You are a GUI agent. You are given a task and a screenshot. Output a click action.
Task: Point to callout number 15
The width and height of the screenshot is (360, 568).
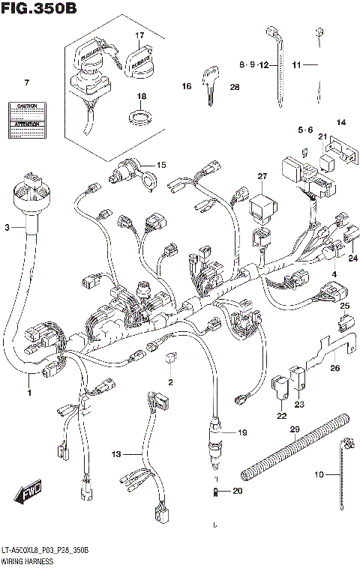pos(161,165)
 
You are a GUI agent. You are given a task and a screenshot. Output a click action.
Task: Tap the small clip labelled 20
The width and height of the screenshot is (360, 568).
pos(215,492)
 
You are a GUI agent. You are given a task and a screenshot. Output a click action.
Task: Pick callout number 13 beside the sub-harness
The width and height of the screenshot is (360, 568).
pos(115,455)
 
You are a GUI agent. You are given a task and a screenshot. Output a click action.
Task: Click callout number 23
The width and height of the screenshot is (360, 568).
pos(300,405)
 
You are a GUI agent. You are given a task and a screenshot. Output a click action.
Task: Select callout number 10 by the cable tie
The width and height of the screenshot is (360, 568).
pos(319,474)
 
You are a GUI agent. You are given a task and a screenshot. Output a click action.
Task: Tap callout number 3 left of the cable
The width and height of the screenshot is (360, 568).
pos(7,227)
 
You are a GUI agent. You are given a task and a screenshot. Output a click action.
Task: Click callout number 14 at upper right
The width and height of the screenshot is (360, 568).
pos(341,122)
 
